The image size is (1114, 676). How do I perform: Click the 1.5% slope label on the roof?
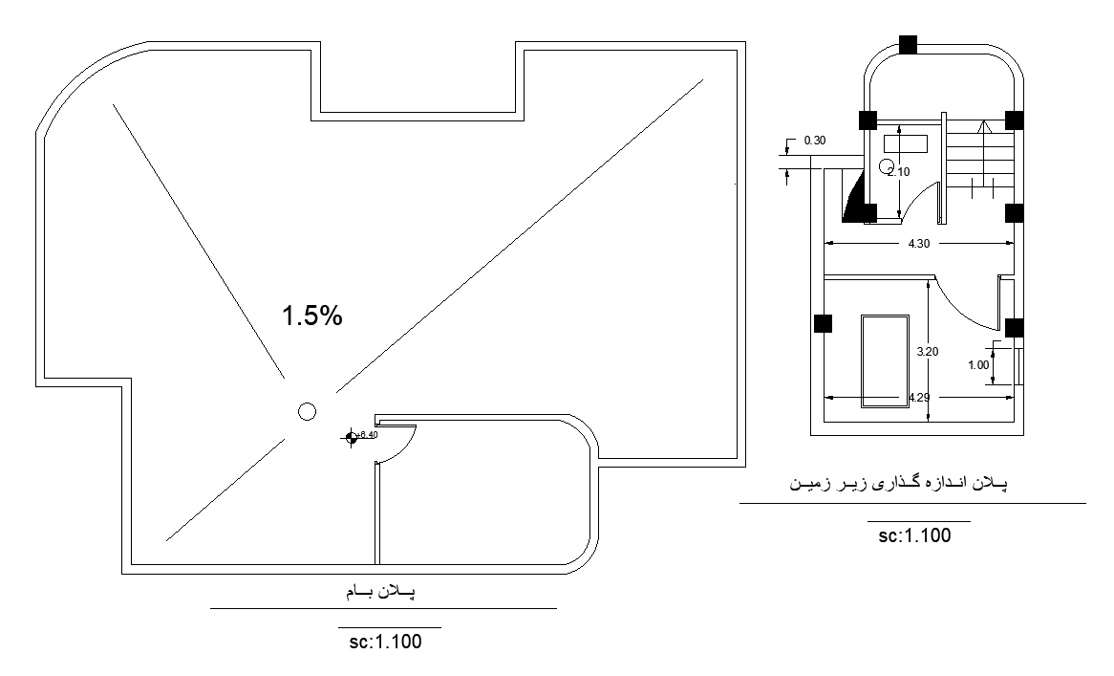pos(311,316)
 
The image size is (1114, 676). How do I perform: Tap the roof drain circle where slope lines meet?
pos(307,411)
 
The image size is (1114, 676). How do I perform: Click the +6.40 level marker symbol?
pos(352,437)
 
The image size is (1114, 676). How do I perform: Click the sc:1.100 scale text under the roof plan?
pos(385,642)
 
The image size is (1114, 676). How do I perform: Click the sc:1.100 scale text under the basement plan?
pos(914,535)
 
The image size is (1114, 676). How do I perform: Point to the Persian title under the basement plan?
pos(897,485)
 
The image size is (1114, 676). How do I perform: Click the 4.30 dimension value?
pos(917,244)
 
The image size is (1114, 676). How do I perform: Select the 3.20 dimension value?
pos(927,352)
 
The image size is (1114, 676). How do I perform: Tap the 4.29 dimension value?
pos(919,397)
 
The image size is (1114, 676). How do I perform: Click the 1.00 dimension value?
pos(977,364)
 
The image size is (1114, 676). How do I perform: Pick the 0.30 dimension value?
pos(815,141)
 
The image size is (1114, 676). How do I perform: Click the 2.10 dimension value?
pos(898,172)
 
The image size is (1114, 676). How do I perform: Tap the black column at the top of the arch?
pos(907,44)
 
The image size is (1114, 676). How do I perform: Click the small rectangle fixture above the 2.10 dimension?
pos(906,143)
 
